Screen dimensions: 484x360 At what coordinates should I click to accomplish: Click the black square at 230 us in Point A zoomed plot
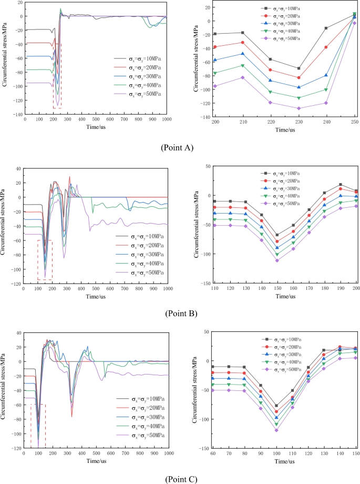(299, 68)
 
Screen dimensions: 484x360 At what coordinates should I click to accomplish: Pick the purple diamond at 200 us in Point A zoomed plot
(215, 86)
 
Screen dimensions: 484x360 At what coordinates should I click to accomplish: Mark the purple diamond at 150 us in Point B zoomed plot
(277, 260)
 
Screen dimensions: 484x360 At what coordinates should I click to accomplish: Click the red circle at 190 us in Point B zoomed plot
(341, 188)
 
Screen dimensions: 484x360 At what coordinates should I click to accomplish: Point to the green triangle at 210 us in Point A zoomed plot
(243, 65)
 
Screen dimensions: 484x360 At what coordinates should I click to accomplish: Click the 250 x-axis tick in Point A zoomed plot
(355, 122)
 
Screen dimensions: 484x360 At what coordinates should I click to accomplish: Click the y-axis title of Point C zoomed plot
(196, 392)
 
